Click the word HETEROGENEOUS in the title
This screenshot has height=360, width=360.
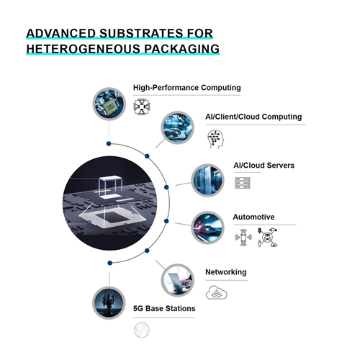click(x=83, y=49)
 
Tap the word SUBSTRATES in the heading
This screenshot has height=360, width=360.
click(x=141, y=33)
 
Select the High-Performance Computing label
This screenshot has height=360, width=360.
click(x=186, y=88)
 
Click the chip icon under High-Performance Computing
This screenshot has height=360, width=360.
click(x=142, y=107)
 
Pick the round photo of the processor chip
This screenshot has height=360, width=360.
click(x=109, y=104)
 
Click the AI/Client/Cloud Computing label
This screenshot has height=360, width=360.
click(x=253, y=117)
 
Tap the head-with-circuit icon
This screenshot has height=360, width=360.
click(x=215, y=139)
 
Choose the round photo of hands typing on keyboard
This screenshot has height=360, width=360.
click(x=177, y=127)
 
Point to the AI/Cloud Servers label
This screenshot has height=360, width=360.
click(x=264, y=166)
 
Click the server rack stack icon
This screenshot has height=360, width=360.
click(x=243, y=183)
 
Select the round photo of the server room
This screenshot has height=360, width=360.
click(x=207, y=180)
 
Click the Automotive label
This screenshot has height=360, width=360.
click(x=253, y=217)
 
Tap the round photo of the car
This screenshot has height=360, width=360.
click(x=207, y=228)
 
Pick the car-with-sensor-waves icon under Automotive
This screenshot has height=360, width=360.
click(x=243, y=238)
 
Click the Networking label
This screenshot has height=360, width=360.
click(x=226, y=272)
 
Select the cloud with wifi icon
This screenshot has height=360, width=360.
click(x=217, y=292)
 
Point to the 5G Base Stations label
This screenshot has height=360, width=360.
click(x=164, y=308)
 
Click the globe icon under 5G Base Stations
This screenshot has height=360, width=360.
click(x=142, y=330)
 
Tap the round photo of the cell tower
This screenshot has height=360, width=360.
click(x=109, y=303)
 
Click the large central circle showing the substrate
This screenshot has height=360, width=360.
click(x=109, y=203)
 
